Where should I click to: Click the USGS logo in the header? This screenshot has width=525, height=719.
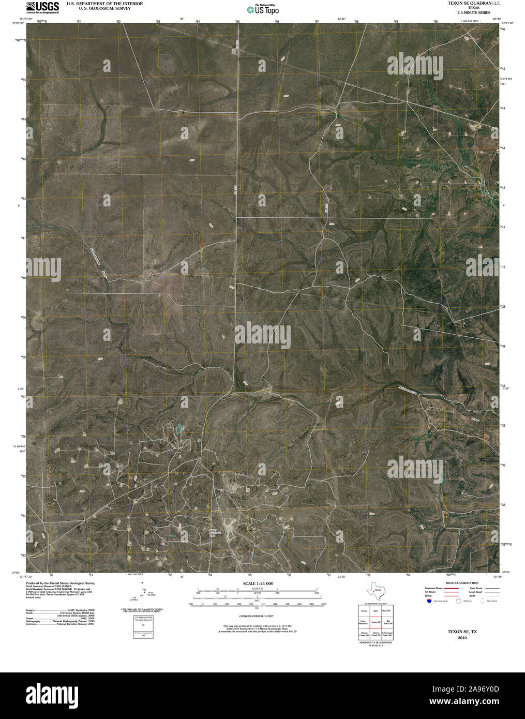(42, 7)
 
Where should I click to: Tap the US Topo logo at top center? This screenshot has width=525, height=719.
(263, 9)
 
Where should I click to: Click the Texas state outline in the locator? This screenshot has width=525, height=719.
(374, 591)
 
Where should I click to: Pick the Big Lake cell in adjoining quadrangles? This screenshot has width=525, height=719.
(387, 611)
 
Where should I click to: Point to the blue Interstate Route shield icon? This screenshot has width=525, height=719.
(429, 601)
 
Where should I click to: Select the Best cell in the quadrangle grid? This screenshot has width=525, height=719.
(376, 611)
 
